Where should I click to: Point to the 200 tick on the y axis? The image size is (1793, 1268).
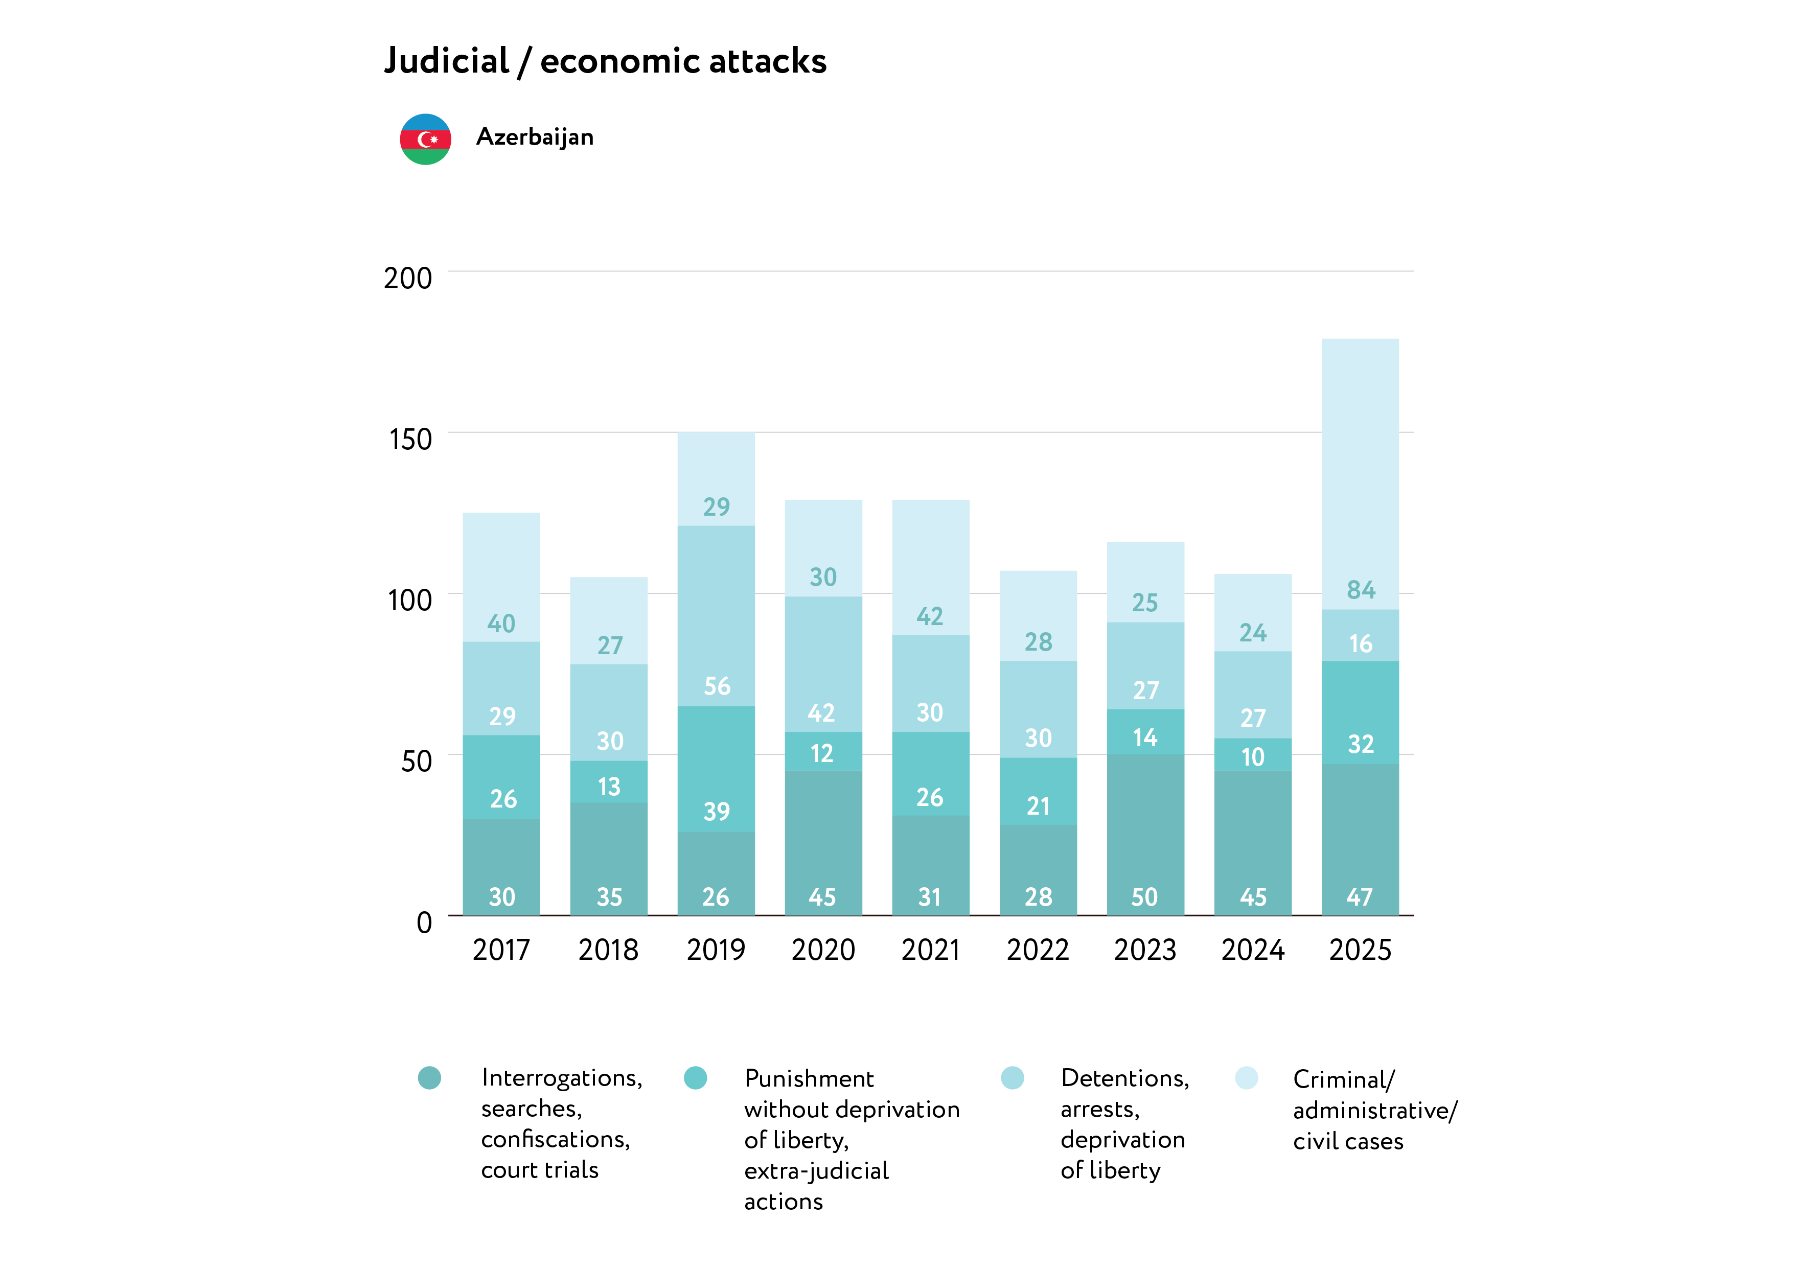(408, 278)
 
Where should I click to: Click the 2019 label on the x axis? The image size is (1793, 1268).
(716, 950)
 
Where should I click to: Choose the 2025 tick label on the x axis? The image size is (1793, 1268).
(1360, 950)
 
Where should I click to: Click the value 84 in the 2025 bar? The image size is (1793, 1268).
(1361, 589)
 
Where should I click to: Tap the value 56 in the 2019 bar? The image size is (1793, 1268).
(717, 686)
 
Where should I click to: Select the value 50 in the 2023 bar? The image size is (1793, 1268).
(1145, 897)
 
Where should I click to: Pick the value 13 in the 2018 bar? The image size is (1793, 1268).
(609, 786)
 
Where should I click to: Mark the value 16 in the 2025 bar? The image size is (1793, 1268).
(1361, 643)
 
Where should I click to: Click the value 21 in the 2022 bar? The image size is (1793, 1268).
(1038, 806)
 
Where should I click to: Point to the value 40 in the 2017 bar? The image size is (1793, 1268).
(501, 623)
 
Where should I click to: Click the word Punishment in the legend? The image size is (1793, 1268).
(809, 1078)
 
